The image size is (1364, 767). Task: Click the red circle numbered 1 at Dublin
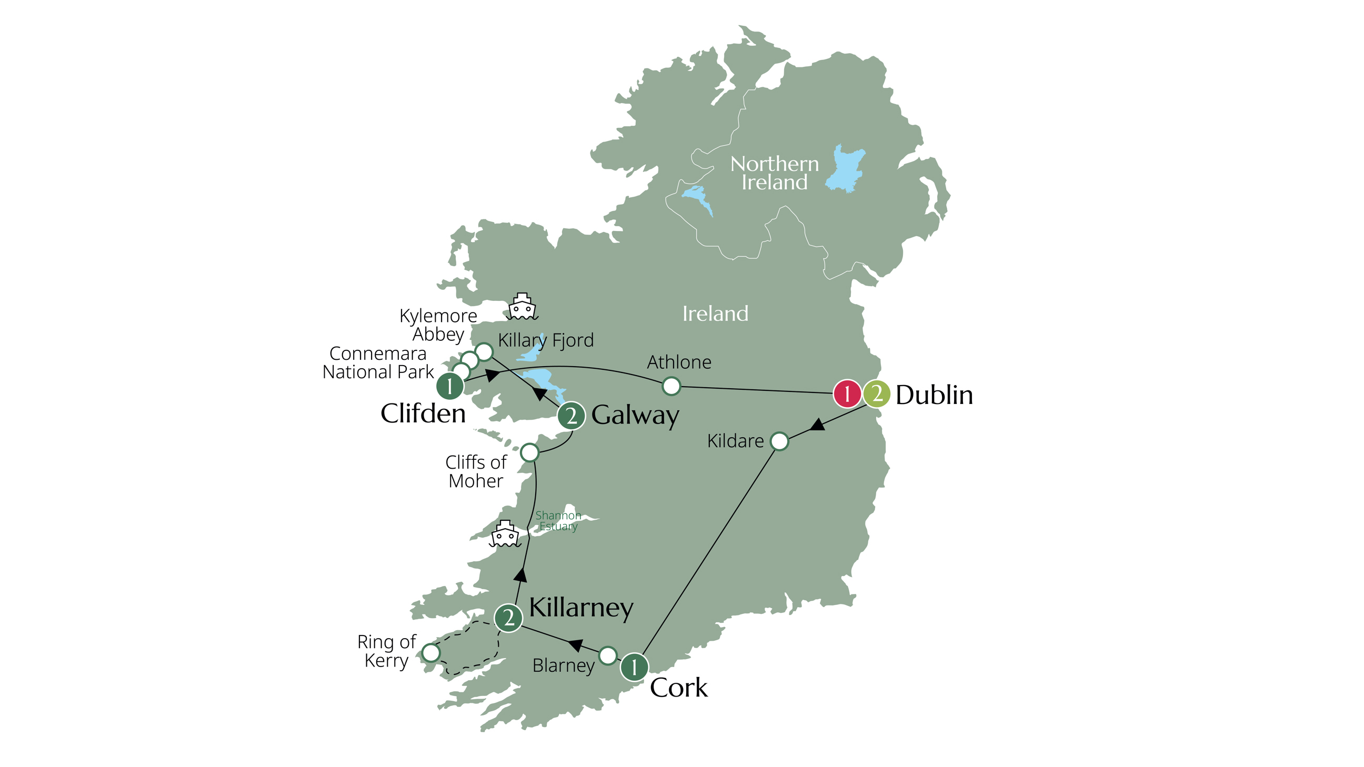click(847, 394)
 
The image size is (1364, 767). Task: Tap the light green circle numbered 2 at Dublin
click(876, 394)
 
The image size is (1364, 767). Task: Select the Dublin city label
click(934, 395)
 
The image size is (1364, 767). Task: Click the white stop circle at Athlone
click(671, 386)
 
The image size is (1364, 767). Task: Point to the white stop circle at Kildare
click(779, 441)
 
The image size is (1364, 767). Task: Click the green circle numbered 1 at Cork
click(634, 667)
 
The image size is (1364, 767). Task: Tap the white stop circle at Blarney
click(608, 655)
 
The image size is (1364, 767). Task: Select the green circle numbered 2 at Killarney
click(508, 618)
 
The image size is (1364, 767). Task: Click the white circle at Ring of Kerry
click(431, 653)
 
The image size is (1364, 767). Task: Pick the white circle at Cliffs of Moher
click(529, 452)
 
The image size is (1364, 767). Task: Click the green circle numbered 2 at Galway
click(571, 416)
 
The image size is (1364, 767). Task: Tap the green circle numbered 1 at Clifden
click(449, 386)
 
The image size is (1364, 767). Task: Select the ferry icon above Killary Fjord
click(522, 307)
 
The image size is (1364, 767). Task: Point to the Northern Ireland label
click(774, 173)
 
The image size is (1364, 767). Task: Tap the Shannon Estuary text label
click(558, 521)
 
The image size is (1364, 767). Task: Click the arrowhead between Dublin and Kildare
click(818, 425)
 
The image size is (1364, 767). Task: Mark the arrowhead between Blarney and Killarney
click(576, 645)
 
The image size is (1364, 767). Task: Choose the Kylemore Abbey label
click(438, 325)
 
